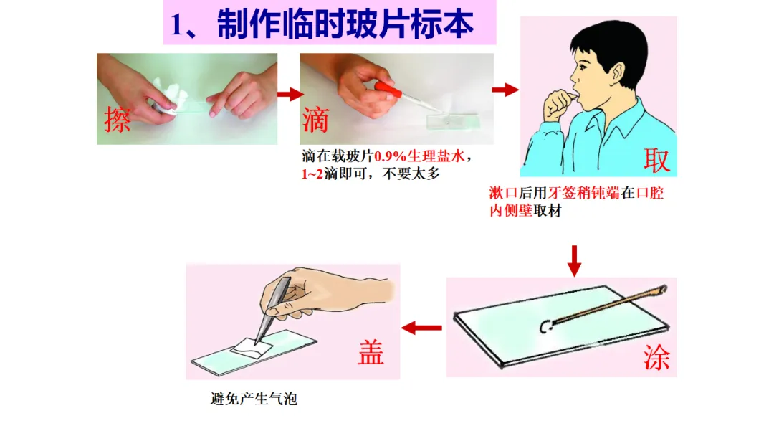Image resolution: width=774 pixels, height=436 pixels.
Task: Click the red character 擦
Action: tap(118, 119)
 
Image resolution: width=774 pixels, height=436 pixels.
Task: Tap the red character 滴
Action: tap(315, 120)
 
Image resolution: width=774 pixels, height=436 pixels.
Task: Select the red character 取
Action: tap(656, 160)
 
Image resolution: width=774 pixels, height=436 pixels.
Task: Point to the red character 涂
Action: tap(656, 357)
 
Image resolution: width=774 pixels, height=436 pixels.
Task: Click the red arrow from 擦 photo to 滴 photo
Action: tap(290, 94)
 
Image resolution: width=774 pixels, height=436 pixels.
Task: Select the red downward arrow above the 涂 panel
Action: tap(574, 261)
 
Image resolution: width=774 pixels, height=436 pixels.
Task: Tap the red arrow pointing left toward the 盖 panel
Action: tap(421, 328)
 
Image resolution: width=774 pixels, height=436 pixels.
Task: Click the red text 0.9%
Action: tap(390, 157)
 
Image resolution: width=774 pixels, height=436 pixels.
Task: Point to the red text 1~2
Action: tap(312, 174)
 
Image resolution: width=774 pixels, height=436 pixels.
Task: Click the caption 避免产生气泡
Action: tap(254, 399)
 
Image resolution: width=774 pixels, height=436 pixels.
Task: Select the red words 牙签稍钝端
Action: tap(583, 193)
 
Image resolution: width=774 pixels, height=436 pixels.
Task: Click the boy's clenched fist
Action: tap(558, 105)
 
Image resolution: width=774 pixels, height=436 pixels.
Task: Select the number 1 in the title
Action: tap(176, 24)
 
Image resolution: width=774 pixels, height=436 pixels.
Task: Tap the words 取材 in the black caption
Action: tap(548, 211)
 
